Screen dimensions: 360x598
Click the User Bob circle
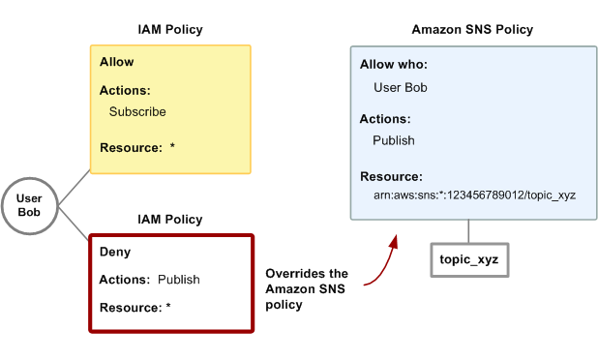point(29,205)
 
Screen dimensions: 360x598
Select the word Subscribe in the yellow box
point(137,111)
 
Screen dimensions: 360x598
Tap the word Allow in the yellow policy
point(117,62)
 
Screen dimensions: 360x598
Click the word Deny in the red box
point(116,252)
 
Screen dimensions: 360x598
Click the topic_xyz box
point(469,260)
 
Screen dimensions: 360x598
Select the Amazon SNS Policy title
point(472,30)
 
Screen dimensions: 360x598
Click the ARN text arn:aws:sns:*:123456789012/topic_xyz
point(474,195)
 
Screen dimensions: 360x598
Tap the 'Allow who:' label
point(394,64)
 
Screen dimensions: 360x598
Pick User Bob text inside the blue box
point(401,88)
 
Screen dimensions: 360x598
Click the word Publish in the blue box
point(394,140)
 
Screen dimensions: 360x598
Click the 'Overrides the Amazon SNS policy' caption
point(307,289)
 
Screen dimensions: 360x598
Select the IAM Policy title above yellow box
point(170,30)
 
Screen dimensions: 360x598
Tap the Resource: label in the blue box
point(391,177)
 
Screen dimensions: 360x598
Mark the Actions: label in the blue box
point(385,119)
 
